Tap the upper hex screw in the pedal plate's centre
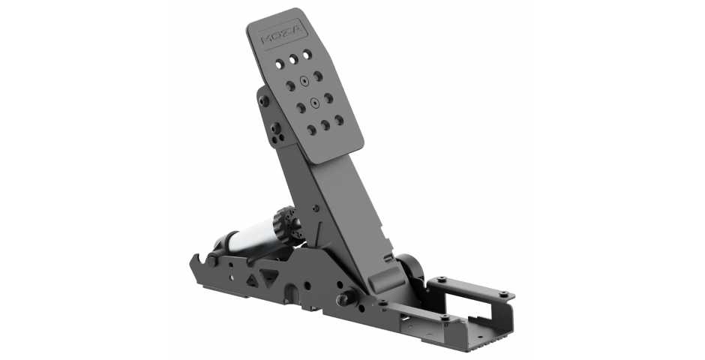click(303, 80)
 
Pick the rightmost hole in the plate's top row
click(307, 54)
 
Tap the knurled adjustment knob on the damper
click(286, 223)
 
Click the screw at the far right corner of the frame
click(503, 294)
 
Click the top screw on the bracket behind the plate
click(264, 100)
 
